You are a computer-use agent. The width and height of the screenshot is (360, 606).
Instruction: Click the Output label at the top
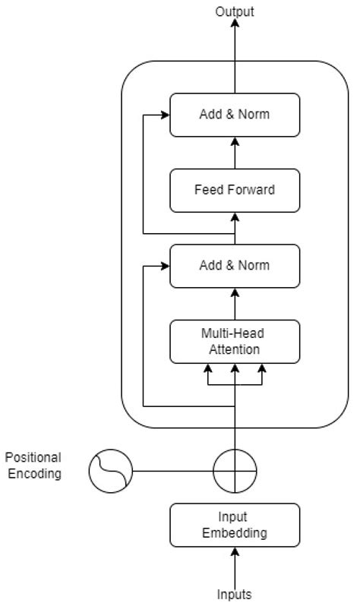click(235, 11)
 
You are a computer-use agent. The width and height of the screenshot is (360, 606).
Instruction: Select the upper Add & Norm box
click(235, 115)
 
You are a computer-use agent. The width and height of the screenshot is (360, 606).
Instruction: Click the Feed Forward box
click(235, 190)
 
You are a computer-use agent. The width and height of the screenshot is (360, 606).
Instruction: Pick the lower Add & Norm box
click(235, 266)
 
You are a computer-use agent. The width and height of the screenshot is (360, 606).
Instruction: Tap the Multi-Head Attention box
click(235, 341)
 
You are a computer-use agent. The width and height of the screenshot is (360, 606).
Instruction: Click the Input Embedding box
click(235, 525)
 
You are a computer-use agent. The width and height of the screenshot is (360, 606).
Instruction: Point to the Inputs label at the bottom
click(235, 594)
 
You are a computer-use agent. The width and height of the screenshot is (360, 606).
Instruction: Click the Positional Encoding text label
click(33, 465)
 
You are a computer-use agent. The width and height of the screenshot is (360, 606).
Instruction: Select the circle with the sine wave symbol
click(110, 471)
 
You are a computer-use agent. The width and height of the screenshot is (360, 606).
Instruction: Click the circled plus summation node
click(235, 471)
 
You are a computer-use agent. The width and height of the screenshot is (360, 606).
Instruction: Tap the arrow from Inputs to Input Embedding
click(235, 566)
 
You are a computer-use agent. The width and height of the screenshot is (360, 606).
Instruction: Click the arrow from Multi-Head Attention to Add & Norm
click(235, 304)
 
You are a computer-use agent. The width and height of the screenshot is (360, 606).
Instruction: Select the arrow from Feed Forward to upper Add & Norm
click(235, 153)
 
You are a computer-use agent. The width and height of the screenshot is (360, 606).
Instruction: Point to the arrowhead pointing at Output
click(235, 24)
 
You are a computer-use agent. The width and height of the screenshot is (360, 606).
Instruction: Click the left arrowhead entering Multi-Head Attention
click(207, 369)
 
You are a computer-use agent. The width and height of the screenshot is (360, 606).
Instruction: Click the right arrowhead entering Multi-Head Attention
click(263, 369)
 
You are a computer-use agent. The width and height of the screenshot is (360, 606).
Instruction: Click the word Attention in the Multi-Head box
click(235, 349)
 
